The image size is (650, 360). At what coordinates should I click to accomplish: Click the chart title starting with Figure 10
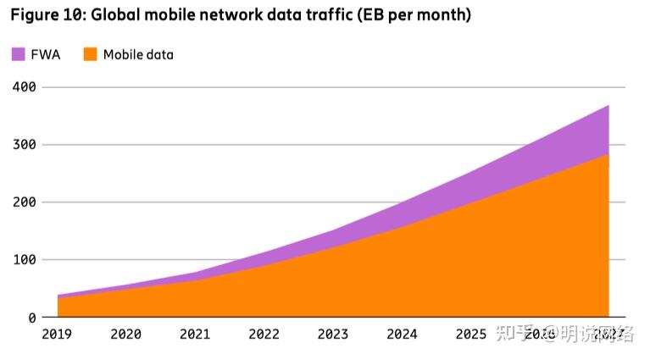coord(241,15)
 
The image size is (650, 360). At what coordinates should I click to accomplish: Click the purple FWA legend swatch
coord(18,54)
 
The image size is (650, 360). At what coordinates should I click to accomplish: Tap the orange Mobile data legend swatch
coord(90,54)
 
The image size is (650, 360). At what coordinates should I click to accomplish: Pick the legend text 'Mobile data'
coord(138,54)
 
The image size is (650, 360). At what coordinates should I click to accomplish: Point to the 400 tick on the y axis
coord(25,87)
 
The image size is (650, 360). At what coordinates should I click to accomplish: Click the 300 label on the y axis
coord(25,145)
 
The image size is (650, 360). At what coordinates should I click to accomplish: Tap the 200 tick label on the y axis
coord(25,202)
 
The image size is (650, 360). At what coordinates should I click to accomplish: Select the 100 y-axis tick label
coord(25,260)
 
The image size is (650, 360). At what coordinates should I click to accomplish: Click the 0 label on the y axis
coord(32,318)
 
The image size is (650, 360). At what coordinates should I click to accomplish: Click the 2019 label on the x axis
coord(57,335)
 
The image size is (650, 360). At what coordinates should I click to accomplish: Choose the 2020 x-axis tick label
coord(125,335)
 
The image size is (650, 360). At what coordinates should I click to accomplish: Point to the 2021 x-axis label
coord(195,335)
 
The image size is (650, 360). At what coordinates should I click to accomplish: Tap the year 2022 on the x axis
coord(264,335)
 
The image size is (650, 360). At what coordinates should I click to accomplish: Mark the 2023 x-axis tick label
coord(333,335)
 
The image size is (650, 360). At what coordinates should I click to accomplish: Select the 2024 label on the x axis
coord(402,335)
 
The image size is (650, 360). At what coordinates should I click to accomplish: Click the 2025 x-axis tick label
coord(470,335)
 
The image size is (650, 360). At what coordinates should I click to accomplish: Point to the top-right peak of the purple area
coord(608,107)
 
